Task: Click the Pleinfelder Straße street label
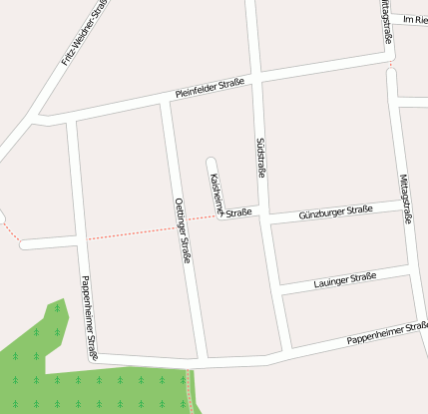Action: pos(211,90)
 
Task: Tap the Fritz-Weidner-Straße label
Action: pos(83,32)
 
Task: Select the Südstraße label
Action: pos(262,158)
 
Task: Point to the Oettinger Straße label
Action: pos(183,230)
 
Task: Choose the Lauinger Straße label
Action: pos(341,280)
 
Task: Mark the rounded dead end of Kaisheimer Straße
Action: pos(211,161)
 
